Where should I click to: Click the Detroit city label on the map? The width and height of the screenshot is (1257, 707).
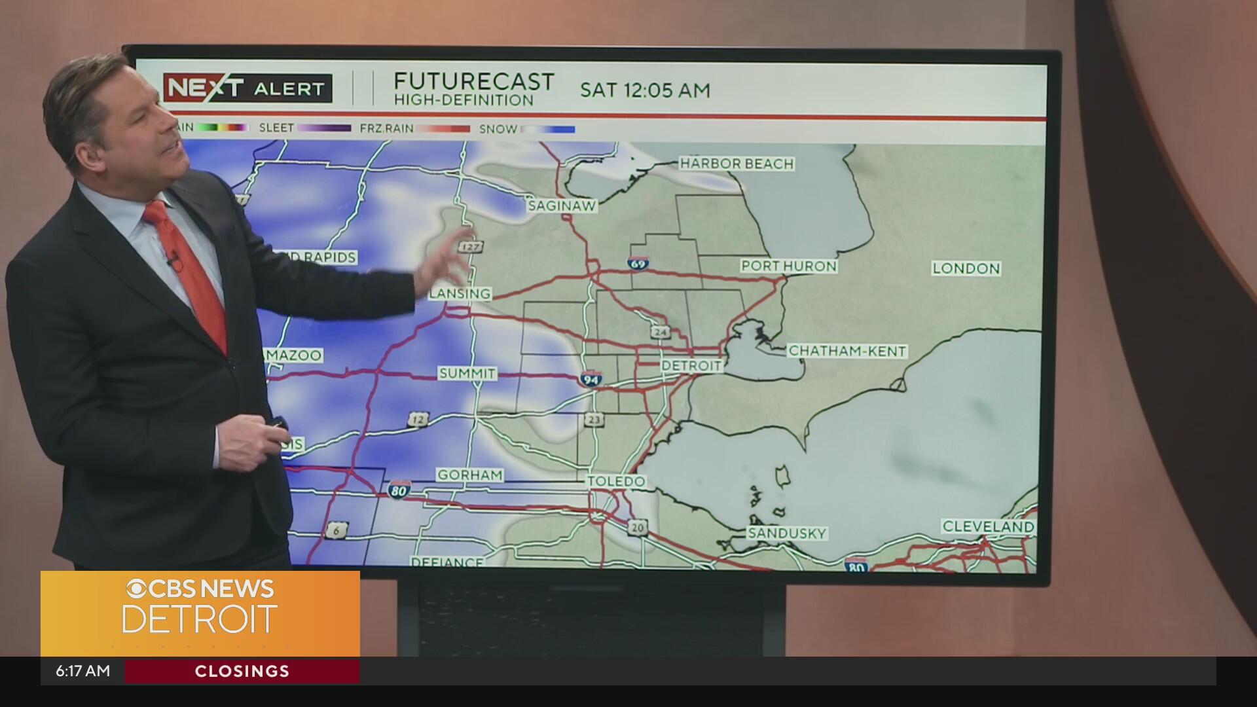point(691,365)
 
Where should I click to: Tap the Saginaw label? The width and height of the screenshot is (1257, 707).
point(562,206)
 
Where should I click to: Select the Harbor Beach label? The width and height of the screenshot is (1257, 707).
point(737,164)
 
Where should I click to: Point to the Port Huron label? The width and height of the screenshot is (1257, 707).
point(788,266)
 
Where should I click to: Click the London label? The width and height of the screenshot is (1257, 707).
point(966,268)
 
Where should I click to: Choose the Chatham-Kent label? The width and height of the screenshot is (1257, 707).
point(847,351)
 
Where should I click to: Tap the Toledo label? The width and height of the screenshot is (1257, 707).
point(616,481)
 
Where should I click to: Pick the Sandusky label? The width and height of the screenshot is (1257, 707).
point(787,533)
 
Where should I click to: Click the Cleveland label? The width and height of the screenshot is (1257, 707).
point(988,526)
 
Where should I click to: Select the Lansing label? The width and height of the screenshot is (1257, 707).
point(460,294)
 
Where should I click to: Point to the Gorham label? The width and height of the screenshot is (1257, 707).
point(470,475)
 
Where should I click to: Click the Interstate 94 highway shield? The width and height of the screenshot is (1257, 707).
point(591,378)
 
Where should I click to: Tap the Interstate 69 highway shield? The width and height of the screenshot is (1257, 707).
point(638,263)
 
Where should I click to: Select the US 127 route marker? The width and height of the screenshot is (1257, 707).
point(471,247)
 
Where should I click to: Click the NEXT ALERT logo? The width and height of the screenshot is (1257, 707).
point(247,88)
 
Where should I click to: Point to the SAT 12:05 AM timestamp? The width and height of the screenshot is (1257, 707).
point(645,90)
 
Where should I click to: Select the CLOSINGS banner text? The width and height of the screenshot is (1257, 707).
point(242,671)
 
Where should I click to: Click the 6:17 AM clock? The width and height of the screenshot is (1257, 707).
point(82,671)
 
